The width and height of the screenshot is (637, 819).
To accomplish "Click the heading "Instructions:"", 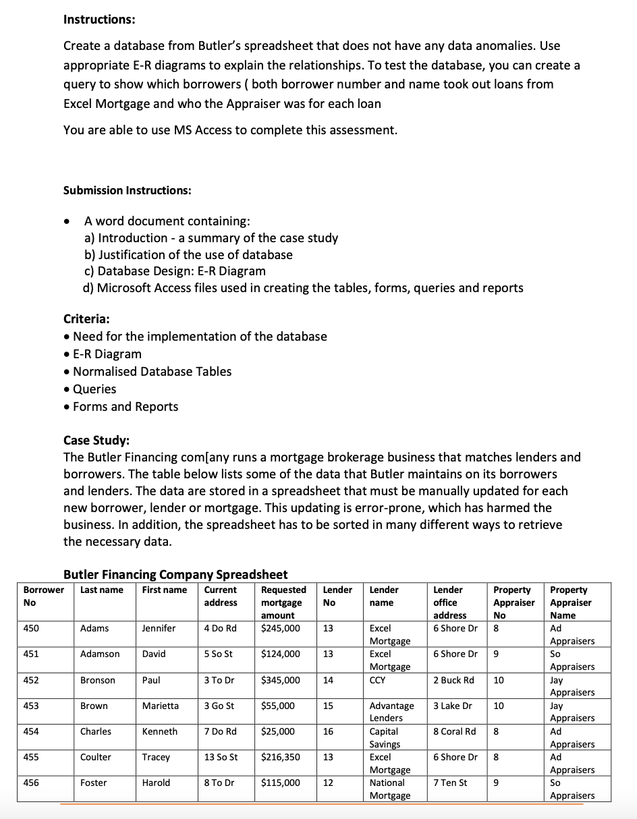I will [99, 20].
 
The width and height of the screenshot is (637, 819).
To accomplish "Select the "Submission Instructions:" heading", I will [128, 190].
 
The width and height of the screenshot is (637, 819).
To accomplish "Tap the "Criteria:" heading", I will [87, 318].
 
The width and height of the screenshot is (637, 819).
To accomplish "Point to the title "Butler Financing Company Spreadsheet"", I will [175, 574].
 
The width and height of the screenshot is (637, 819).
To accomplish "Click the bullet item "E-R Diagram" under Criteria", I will [107, 354].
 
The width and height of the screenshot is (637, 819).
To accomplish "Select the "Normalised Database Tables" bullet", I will [152, 372].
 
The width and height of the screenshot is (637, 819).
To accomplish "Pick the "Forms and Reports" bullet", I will [126, 407].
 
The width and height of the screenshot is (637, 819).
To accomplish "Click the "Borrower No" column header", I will [44, 596].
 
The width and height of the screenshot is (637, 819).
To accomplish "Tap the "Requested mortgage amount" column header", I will [283, 602].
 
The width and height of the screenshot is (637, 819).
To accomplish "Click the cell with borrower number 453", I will [31, 706].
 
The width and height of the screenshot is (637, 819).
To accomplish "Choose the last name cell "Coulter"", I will [96, 757].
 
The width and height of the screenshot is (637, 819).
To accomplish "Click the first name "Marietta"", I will [161, 706].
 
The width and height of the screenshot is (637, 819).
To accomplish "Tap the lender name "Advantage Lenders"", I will [391, 712].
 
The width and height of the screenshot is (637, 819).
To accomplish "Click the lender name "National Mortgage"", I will [389, 789].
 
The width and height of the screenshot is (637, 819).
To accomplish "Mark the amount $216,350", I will [280, 757].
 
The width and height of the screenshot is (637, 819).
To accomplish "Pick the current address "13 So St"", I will [221, 757].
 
